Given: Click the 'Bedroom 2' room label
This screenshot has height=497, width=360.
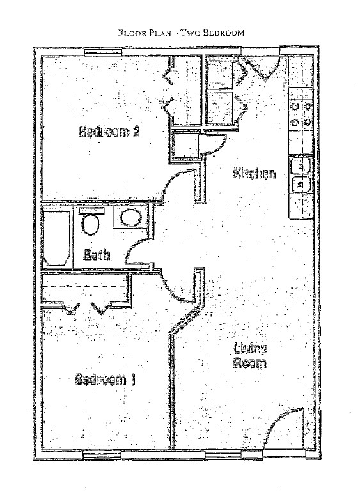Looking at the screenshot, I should point(109,132).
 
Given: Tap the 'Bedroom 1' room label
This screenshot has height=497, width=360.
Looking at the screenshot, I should point(106,379).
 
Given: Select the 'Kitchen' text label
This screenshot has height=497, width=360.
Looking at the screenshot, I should point(254,173).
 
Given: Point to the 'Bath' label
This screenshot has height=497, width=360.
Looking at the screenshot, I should point(97,255).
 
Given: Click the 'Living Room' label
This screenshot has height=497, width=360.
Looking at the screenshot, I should point(250,356).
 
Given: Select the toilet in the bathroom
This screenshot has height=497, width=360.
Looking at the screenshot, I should point(91,224).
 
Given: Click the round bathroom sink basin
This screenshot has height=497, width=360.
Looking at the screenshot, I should point(130,218).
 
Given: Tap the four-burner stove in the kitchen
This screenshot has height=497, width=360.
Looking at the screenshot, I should point(300,113).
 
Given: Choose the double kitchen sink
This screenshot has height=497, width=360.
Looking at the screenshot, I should point(300,174).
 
